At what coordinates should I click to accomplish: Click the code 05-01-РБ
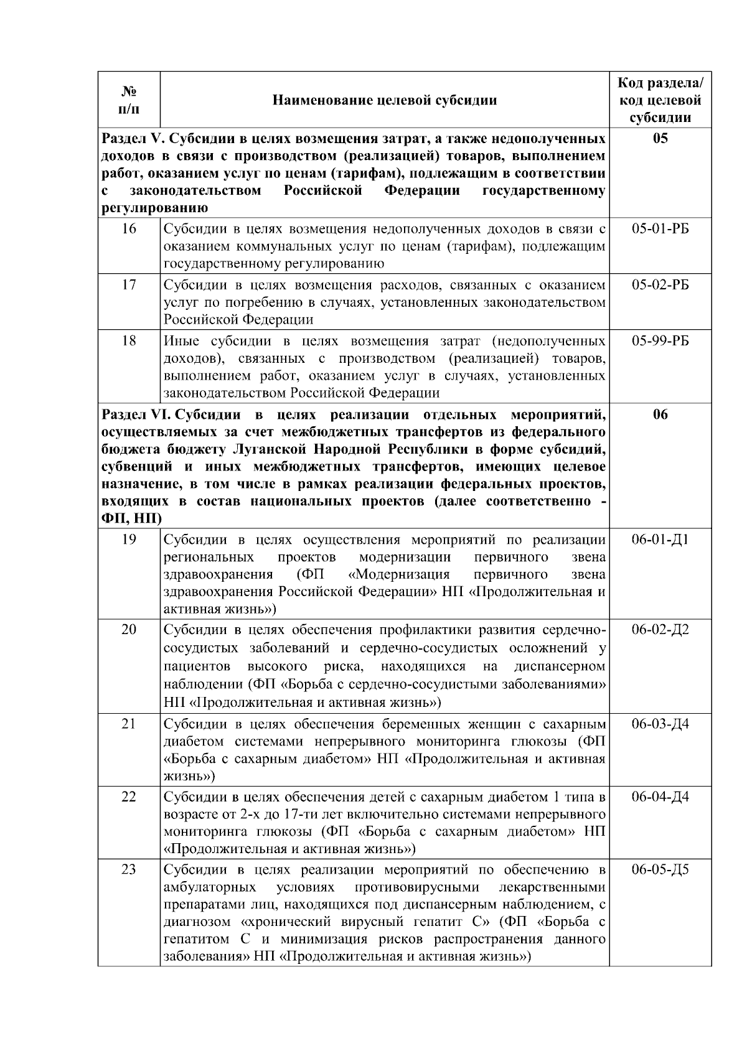(x=660, y=229)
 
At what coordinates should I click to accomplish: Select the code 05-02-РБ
(x=660, y=286)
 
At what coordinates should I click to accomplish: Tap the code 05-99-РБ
(x=660, y=342)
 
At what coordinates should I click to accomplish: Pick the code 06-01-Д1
(x=660, y=540)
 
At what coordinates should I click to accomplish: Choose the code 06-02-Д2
(x=660, y=630)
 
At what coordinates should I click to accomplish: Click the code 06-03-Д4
(x=660, y=724)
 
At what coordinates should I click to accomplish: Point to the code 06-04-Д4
(x=660, y=797)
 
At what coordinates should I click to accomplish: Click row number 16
(x=129, y=229)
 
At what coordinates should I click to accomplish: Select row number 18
(x=129, y=342)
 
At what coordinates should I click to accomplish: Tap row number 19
(x=129, y=540)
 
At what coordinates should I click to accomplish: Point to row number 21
(x=129, y=724)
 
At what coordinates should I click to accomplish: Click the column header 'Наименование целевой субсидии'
(x=385, y=100)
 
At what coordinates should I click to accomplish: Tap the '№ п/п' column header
(x=129, y=100)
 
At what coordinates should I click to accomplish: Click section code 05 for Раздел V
(x=660, y=138)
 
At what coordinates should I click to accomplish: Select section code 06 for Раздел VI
(x=660, y=415)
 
